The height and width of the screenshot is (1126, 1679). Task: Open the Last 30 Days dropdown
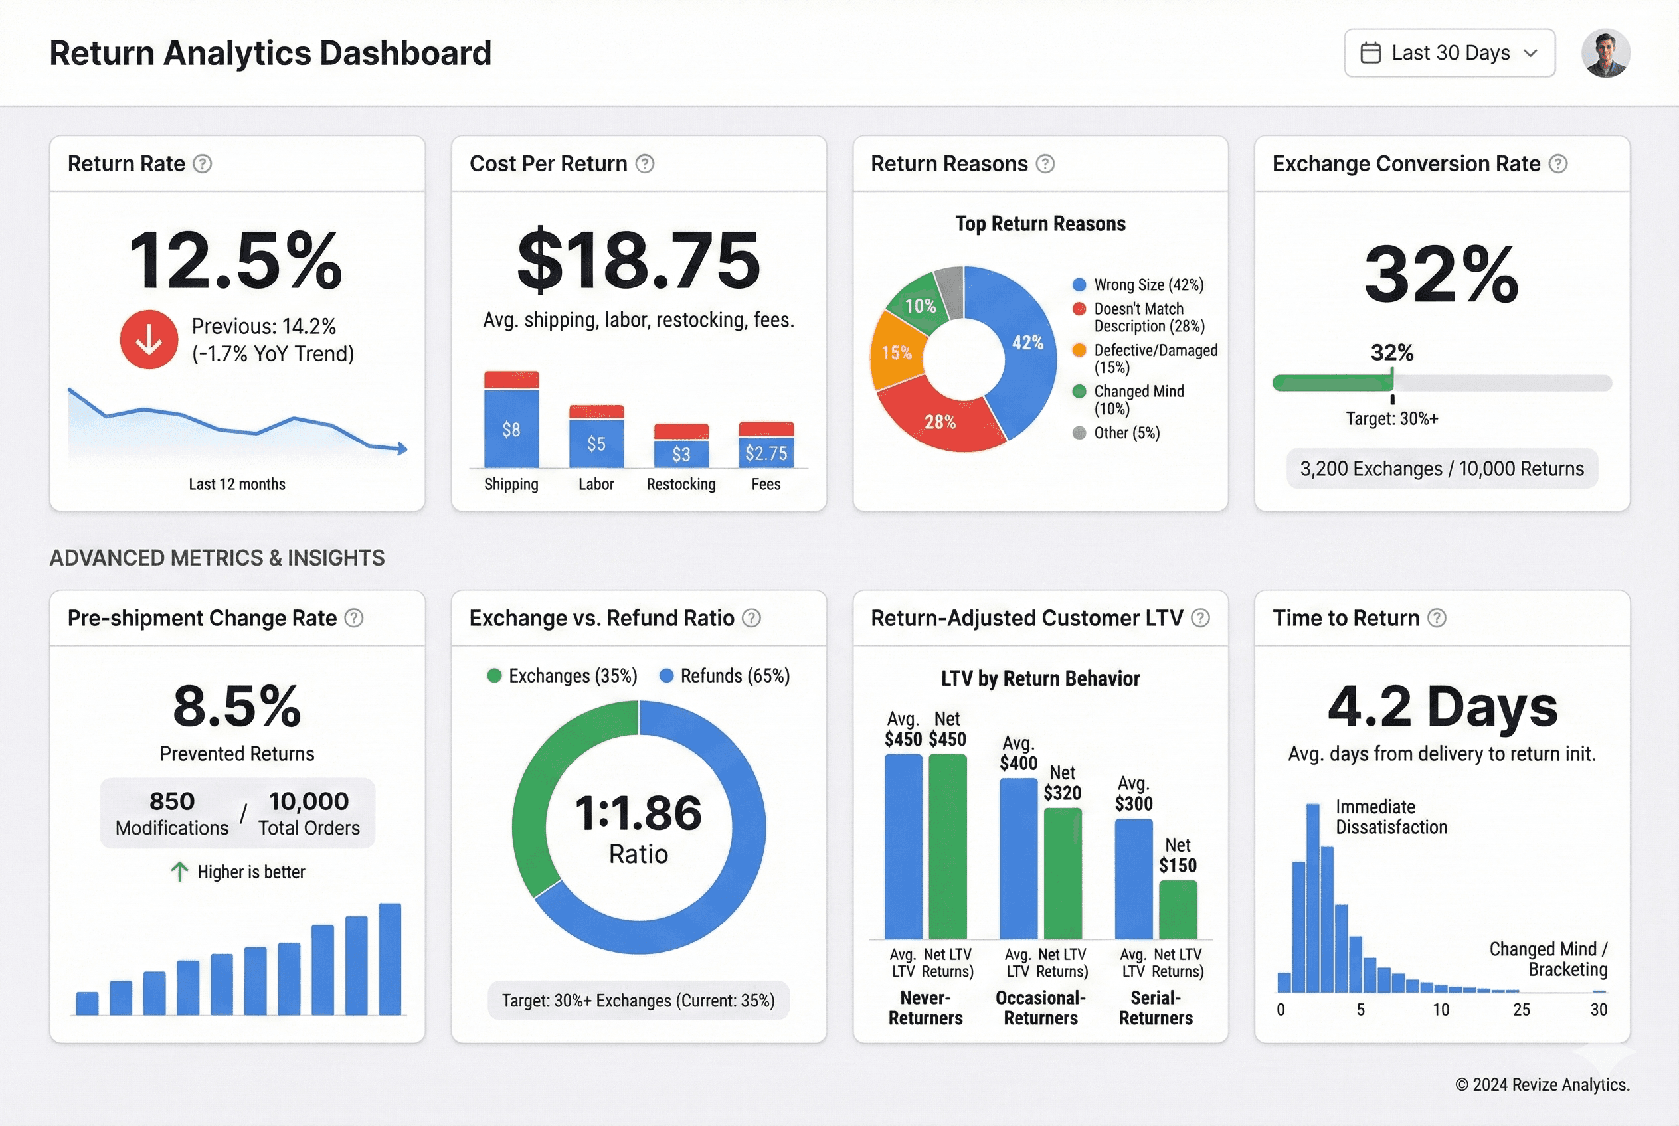click(x=1449, y=53)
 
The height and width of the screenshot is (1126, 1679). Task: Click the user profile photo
click(x=1605, y=53)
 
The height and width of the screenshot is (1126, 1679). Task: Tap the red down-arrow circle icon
click(x=149, y=340)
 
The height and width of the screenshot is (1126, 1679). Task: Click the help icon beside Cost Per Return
click(x=645, y=164)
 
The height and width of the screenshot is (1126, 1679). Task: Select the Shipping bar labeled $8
click(x=511, y=428)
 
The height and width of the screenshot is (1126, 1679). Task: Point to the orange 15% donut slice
click(x=895, y=353)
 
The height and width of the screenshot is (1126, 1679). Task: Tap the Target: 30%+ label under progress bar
click(x=1391, y=419)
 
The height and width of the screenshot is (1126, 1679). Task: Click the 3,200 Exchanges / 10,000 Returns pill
click(x=1441, y=469)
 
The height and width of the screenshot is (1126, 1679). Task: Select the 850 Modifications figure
click(x=172, y=813)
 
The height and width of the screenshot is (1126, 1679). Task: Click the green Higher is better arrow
click(x=179, y=872)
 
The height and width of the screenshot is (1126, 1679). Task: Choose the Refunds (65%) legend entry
click(x=725, y=676)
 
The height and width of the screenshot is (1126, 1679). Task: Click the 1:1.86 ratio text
click(x=638, y=813)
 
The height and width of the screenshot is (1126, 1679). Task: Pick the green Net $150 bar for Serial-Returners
click(x=1178, y=909)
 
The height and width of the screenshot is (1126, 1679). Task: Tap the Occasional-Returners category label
click(x=1039, y=1008)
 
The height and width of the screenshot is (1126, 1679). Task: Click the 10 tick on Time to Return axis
click(x=1441, y=1010)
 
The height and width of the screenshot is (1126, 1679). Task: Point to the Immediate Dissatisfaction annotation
click(x=1391, y=817)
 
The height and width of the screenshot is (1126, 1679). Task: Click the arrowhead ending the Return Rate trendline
click(x=402, y=449)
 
